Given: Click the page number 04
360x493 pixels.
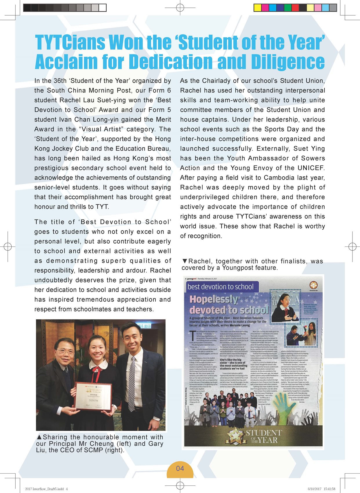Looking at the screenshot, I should pyautogui.click(x=180, y=468).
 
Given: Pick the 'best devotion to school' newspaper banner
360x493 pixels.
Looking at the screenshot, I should pyautogui.click(x=221, y=287).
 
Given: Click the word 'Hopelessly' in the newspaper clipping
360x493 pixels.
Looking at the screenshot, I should pyautogui.click(x=214, y=299).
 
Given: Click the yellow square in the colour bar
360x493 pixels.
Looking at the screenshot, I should pyautogui.click(x=257, y=8).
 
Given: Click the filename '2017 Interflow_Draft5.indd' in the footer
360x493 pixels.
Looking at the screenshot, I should pyautogui.click(x=44, y=489).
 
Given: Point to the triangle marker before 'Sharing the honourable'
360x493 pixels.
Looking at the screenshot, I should pyautogui.click(x=39, y=437).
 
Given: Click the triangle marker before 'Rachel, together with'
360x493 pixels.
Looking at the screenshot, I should pyautogui.click(x=185, y=261).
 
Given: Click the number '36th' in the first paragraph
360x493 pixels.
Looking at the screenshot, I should pyautogui.click(x=60, y=81).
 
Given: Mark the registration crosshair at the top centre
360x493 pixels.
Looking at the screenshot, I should pyautogui.click(x=180, y=8).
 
